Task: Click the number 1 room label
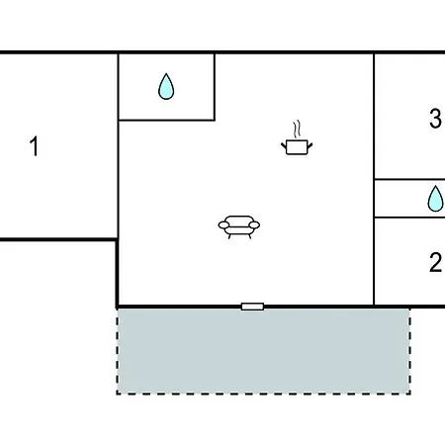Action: (35, 146)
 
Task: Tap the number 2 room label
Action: (435, 262)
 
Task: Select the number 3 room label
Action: (435, 119)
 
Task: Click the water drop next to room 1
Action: (166, 87)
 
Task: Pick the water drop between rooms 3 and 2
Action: (435, 199)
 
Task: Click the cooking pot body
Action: (297, 147)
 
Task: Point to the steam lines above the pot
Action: (297, 129)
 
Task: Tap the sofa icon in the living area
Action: (239, 227)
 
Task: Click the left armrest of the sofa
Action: (223, 225)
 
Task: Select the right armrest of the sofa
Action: (254, 225)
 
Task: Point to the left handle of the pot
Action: (284, 145)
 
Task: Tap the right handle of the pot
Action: (311, 145)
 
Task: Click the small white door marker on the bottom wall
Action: (252, 307)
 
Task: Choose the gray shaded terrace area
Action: (263, 351)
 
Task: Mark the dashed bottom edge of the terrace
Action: (263, 394)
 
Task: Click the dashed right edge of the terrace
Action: (409, 351)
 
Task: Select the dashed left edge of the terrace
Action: (118, 351)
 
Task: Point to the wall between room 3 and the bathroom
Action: (409, 180)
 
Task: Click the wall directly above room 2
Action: (409, 218)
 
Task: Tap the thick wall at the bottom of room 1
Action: (58, 239)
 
